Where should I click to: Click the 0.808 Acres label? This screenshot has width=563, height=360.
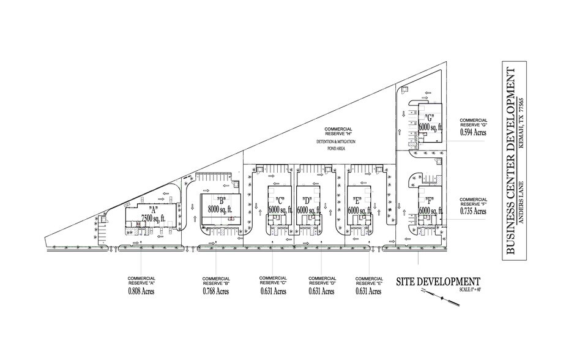[x=141, y=292]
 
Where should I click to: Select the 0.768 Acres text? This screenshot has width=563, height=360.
[x=215, y=292]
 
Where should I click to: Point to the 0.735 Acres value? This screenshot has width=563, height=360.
[x=473, y=211]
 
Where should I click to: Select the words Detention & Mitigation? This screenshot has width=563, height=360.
[x=335, y=141]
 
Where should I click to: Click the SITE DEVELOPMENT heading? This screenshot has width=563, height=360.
[x=438, y=282]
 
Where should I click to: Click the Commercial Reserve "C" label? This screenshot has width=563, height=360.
[x=272, y=280]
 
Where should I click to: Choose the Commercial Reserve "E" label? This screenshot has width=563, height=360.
[x=368, y=280]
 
